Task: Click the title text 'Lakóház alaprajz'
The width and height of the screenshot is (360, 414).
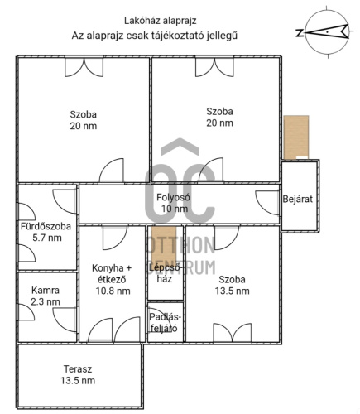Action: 160,21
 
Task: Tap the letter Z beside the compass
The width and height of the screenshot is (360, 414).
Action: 300,33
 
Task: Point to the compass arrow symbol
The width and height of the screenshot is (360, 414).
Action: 327,32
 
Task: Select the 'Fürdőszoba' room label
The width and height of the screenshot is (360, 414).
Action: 46,226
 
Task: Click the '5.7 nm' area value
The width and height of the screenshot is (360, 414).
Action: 47,238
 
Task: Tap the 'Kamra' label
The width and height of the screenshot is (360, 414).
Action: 46,291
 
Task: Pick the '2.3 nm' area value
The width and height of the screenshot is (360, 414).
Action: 46,301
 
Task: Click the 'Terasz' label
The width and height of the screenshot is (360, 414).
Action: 78,369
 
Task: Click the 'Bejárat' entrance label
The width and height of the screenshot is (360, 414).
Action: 298,199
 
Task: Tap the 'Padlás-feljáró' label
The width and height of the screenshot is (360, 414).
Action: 165,323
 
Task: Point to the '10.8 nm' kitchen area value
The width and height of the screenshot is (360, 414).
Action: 113,291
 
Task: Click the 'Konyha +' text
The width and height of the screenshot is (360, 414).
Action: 112,268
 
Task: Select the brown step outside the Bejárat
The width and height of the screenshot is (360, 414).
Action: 296,137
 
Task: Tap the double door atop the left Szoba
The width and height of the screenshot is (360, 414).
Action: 84,67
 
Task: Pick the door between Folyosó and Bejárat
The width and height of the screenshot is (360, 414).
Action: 267,203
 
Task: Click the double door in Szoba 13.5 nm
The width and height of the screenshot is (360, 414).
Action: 233,332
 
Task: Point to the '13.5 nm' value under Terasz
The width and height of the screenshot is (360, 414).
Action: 78,381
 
